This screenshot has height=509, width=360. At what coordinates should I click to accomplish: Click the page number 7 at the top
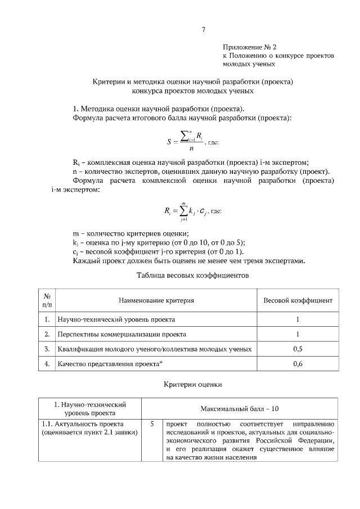pyautogui.click(x=203, y=30)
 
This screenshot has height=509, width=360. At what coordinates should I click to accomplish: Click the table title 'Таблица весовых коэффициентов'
pyautogui.click(x=192, y=276)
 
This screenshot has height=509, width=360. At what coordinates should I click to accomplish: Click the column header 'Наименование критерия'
pyautogui.click(x=156, y=300)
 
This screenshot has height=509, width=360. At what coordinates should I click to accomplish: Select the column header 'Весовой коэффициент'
pyautogui.click(x=298, y=300)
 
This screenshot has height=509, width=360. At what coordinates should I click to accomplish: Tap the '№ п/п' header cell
pyautogui.click(x=48, y=300)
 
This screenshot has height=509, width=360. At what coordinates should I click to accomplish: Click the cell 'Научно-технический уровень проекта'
pyautogui.click(x=116, y=319)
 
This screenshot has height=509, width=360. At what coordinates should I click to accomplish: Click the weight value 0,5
pyautogui.click(x=298, y=349)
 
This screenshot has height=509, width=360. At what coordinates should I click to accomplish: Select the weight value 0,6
pyautogui.click(x=298, y=364)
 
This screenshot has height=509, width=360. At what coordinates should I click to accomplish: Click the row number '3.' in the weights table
pyautogui.click(x=48, y=349)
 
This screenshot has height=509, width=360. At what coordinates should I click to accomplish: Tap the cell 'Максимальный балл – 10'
pyautogui.click(x=240, y=408)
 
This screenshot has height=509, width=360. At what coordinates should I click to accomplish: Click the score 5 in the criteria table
pyautogui.click(x=152, y=424)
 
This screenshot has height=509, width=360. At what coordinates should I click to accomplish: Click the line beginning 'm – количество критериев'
pyautogui.click(x=130, y=233)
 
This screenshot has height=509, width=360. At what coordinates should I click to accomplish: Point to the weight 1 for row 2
pyautogui.click(x=298, y=335)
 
